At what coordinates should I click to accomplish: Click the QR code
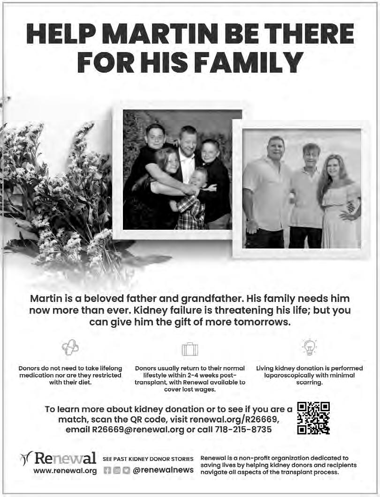(x=313, y=418)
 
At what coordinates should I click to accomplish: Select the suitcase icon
(x=190, y=349)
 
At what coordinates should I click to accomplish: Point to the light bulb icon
(x=309, y=347)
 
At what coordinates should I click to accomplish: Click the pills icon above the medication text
(x=70, y=348)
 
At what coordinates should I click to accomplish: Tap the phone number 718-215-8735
(x=243, y=429)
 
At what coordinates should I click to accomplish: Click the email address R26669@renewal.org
(x=138, y=429)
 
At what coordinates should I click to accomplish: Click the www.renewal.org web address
(x=65, y=470)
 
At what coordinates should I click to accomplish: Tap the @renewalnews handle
(x=163, y=470)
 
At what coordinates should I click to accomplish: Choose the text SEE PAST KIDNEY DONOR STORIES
(x=148, y=459)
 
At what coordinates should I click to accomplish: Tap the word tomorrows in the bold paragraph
(x=261, y=322)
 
